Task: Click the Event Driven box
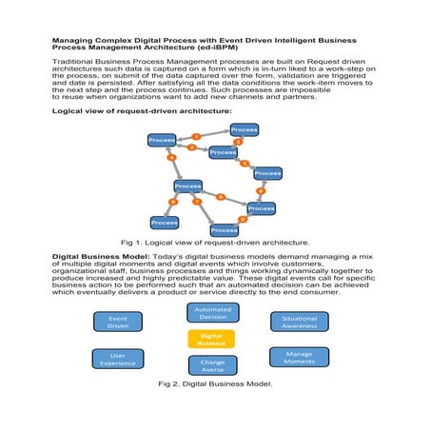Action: tap(118, 322)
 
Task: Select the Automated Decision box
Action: tap(212, 313)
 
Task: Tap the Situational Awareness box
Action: tap(299, 322)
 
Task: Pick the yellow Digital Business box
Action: tap(211, 339)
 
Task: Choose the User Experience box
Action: tap(118, 359)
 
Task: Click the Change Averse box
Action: tap(211, 365)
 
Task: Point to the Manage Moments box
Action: tap(299, 358)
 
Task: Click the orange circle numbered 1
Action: tap(197, 136)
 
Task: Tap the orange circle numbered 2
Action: tap(191, 147)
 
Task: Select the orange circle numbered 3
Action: tap(238, 142)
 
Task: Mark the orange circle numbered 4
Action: tap(171, 158)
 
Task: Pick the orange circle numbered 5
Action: tap(245, 164)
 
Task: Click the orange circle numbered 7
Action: tap(197, 202)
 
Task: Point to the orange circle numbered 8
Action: tap(221, 197)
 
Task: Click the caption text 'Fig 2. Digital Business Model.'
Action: tap(214, 385)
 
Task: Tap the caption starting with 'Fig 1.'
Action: tap(215, 244)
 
